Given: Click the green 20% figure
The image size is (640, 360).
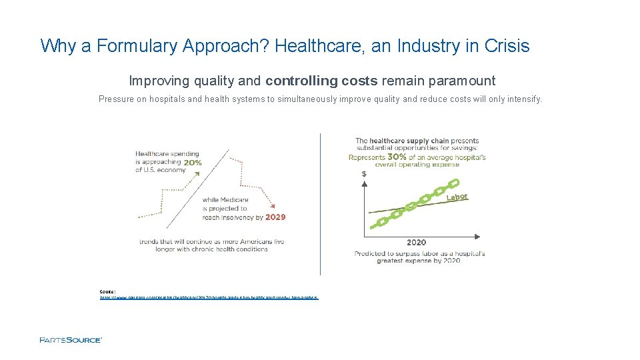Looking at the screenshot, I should [x=193, y=163].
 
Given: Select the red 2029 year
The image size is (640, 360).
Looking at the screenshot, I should [x=275, y=217].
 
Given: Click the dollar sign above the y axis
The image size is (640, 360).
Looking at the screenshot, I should [x=363, y=174].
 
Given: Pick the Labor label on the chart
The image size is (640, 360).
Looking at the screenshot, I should [x=457, y=197].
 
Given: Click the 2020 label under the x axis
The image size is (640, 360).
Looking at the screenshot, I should [x=416, y=242].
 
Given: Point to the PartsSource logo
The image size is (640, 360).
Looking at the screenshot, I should [x=71, y=340].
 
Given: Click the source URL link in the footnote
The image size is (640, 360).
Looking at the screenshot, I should [x=209, y=297].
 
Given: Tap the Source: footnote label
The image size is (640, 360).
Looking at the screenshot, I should [x=107, y=291].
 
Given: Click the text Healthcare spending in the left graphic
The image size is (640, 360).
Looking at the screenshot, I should [x=167, y=154].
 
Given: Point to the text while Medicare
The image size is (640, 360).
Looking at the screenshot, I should [x=225, y=199].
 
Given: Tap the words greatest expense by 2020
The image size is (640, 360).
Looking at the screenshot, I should [x=418, y=261].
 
